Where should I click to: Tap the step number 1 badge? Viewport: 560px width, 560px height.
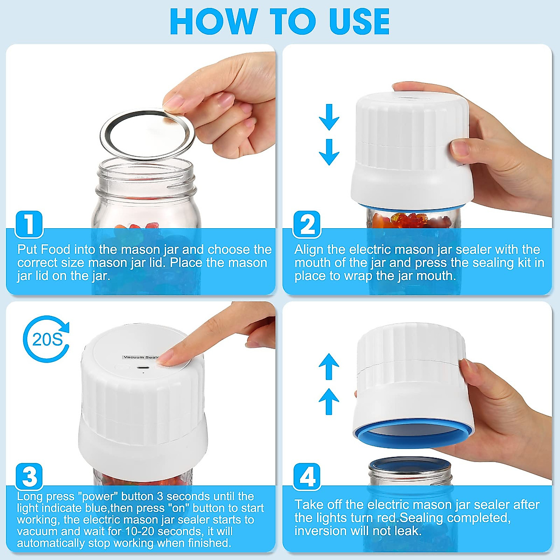pyautogui.click(x=29, y=224)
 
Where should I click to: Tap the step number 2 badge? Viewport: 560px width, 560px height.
pyautogui.click(x=307, y=224)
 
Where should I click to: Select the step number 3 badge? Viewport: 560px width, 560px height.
pyautogui.click(x=29, y=476)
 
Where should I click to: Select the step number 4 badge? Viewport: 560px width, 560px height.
pyautogui.click(x=307, y=476)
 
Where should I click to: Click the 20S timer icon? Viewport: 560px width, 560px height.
pyautogui.click(x=46, y=339)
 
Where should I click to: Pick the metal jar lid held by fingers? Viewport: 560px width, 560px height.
pyautogui.click(x=147, y=134)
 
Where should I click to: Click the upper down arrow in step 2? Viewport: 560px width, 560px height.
pyautogui.click(x=329, y=117)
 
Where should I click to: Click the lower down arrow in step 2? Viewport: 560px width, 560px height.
pyautogui.click(x=329, y=152)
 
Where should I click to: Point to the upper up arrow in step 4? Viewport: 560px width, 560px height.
pyautogui.click(x=329, y=367)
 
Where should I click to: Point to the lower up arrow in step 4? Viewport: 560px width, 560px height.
pyautogui.click(x=329, y=401)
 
